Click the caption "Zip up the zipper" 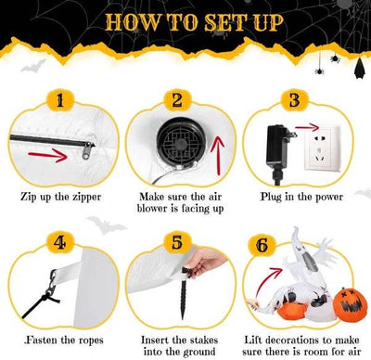[x=60, y=198]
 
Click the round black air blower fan [x=174, y=141]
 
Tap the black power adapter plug [x=278, y=145]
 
